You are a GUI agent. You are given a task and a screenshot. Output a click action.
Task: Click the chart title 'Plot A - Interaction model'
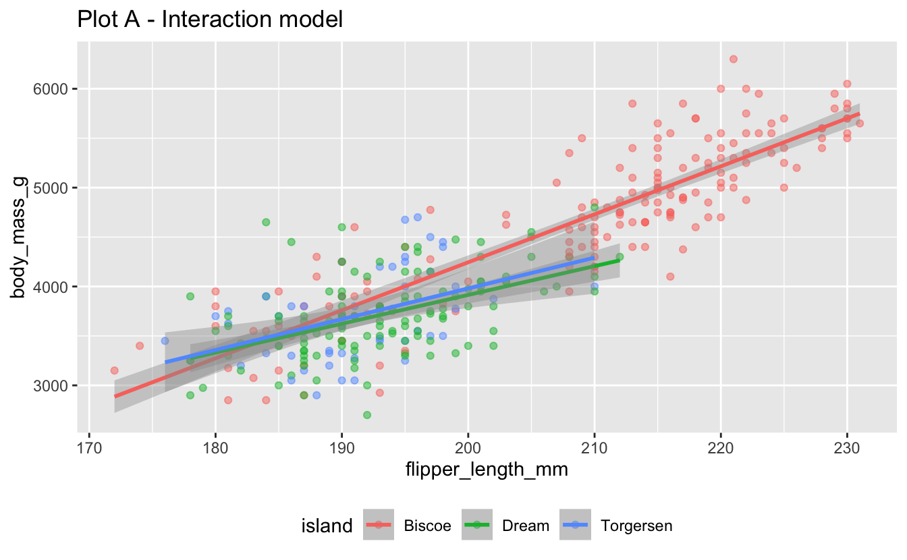[211, 19]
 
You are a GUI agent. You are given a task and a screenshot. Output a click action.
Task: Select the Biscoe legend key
[381, 526]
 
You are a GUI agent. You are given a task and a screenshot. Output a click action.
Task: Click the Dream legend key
[480, 526]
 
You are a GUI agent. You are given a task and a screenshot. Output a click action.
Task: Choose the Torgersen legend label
[636, 526]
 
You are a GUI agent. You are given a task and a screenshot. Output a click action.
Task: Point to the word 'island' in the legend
[327, 526]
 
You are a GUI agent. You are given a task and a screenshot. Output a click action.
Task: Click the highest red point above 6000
[734, 59]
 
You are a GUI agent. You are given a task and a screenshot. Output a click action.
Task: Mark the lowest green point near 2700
[367, 415]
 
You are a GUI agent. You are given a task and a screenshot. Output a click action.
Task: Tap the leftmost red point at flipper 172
[115, 370]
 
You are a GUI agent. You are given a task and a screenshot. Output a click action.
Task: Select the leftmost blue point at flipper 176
[165, 341]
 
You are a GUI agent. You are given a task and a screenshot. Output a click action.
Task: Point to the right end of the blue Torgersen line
[594, 257]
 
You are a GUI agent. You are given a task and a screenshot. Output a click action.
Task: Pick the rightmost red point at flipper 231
[860, 123]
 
